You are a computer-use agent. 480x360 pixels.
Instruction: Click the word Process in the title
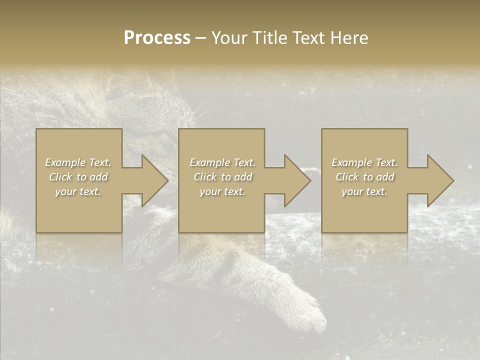(157, 38)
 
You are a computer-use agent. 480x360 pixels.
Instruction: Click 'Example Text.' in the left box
(78, 162)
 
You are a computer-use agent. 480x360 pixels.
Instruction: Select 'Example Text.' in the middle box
(222, 162)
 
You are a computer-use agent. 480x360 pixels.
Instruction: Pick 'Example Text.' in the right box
(364, 162)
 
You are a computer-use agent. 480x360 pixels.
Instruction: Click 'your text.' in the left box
(78, 191)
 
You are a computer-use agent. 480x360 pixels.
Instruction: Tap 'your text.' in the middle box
(222, 191)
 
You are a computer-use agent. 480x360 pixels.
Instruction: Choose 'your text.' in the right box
(364, 191)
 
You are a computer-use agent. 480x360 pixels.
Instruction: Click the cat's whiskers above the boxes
(202, 107)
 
